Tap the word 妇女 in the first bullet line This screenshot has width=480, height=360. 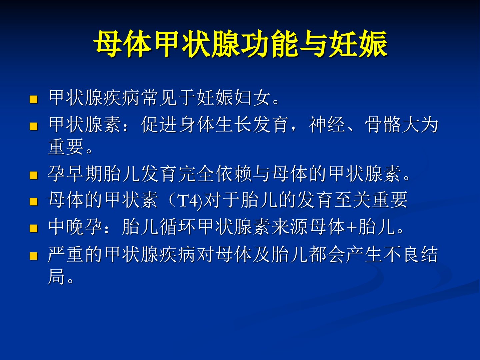click(252, 98)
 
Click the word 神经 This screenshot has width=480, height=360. click(327, 125)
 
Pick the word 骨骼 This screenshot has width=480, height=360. click(383, 125)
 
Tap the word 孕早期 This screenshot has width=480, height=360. click(75, 174)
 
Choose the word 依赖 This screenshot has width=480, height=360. click(234, 174)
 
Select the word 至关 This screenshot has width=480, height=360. click(353, 200)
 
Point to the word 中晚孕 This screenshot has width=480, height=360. click(75, 227)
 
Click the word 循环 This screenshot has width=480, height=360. click(177, 227)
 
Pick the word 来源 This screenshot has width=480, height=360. click(289, 227)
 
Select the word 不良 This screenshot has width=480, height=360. click(401, 254)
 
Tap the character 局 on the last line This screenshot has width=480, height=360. click(56, 277)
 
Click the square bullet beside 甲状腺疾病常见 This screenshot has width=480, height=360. click(33, 99)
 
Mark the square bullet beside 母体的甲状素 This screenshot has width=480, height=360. click(33, 202)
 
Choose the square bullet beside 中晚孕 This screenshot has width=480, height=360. click(33, 228)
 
